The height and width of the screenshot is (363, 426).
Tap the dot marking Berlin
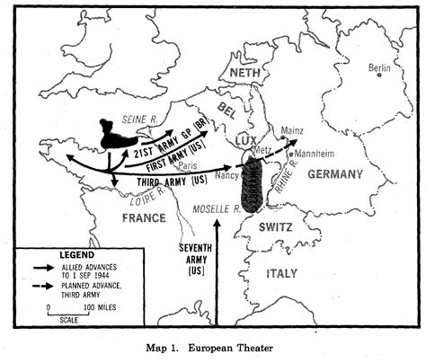[x=379, y=76]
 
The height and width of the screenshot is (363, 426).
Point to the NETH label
[x=244, y=73]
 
